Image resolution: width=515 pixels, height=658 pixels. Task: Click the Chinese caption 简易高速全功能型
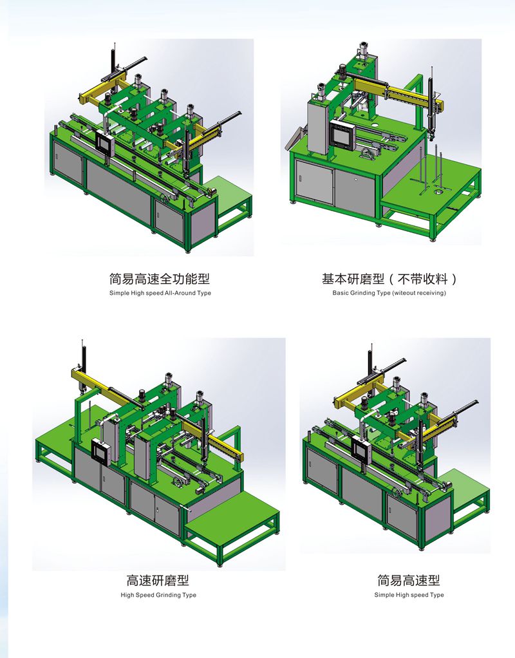pyautogui.click(x=159, y=279)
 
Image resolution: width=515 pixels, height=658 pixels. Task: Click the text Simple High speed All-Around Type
pyautogui.click(x=159, y=293)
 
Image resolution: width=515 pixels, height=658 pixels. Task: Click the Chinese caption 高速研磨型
pyautogui.click(x=158, y=580)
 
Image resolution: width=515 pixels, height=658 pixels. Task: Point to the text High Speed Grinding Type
pyautogui.click(x=158, y=595)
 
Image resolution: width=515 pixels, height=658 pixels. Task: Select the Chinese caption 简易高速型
pyautogui.click(x=409, y=580)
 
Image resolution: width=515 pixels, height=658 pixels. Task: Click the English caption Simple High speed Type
pyautogui.click(x=409, y=595)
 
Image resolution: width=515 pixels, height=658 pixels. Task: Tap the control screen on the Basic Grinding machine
pyautogui.click(x=341, y=135)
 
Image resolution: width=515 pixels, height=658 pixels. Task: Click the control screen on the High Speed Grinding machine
pyautogui.click(x=100, y=453)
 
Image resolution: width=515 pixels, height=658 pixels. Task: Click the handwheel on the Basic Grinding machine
pyautogui.click(x=368, y=154)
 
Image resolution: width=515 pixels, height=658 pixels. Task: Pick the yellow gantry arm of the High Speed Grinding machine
pyautogui.click(x=103, y=382)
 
